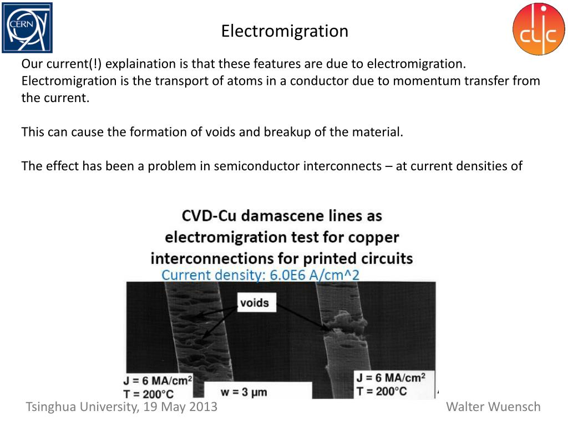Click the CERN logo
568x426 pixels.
(x=27, y=27)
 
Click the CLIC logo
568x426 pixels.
(x=538, y=29)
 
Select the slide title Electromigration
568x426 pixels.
(x=285, y=31)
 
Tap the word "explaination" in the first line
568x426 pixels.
(x=141, y=64)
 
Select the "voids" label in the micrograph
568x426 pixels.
(x=254, y=303)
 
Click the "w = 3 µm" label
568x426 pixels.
(x=244, y=392)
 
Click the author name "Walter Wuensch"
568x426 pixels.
(x=493, y=407)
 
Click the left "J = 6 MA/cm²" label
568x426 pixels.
(x=158, y=381)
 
